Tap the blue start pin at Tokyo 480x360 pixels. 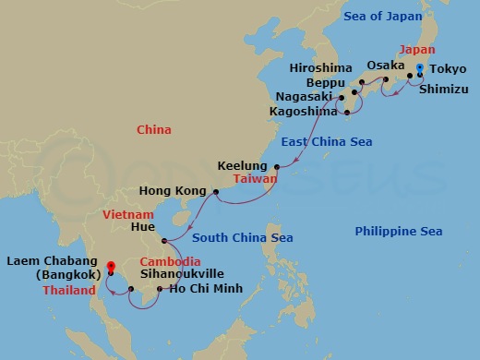coord(419,70)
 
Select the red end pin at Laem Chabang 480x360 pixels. coord(110,268)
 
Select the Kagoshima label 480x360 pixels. coord(308,111)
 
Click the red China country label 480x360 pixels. coord(154,130)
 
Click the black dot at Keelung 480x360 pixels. coord(277,167)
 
